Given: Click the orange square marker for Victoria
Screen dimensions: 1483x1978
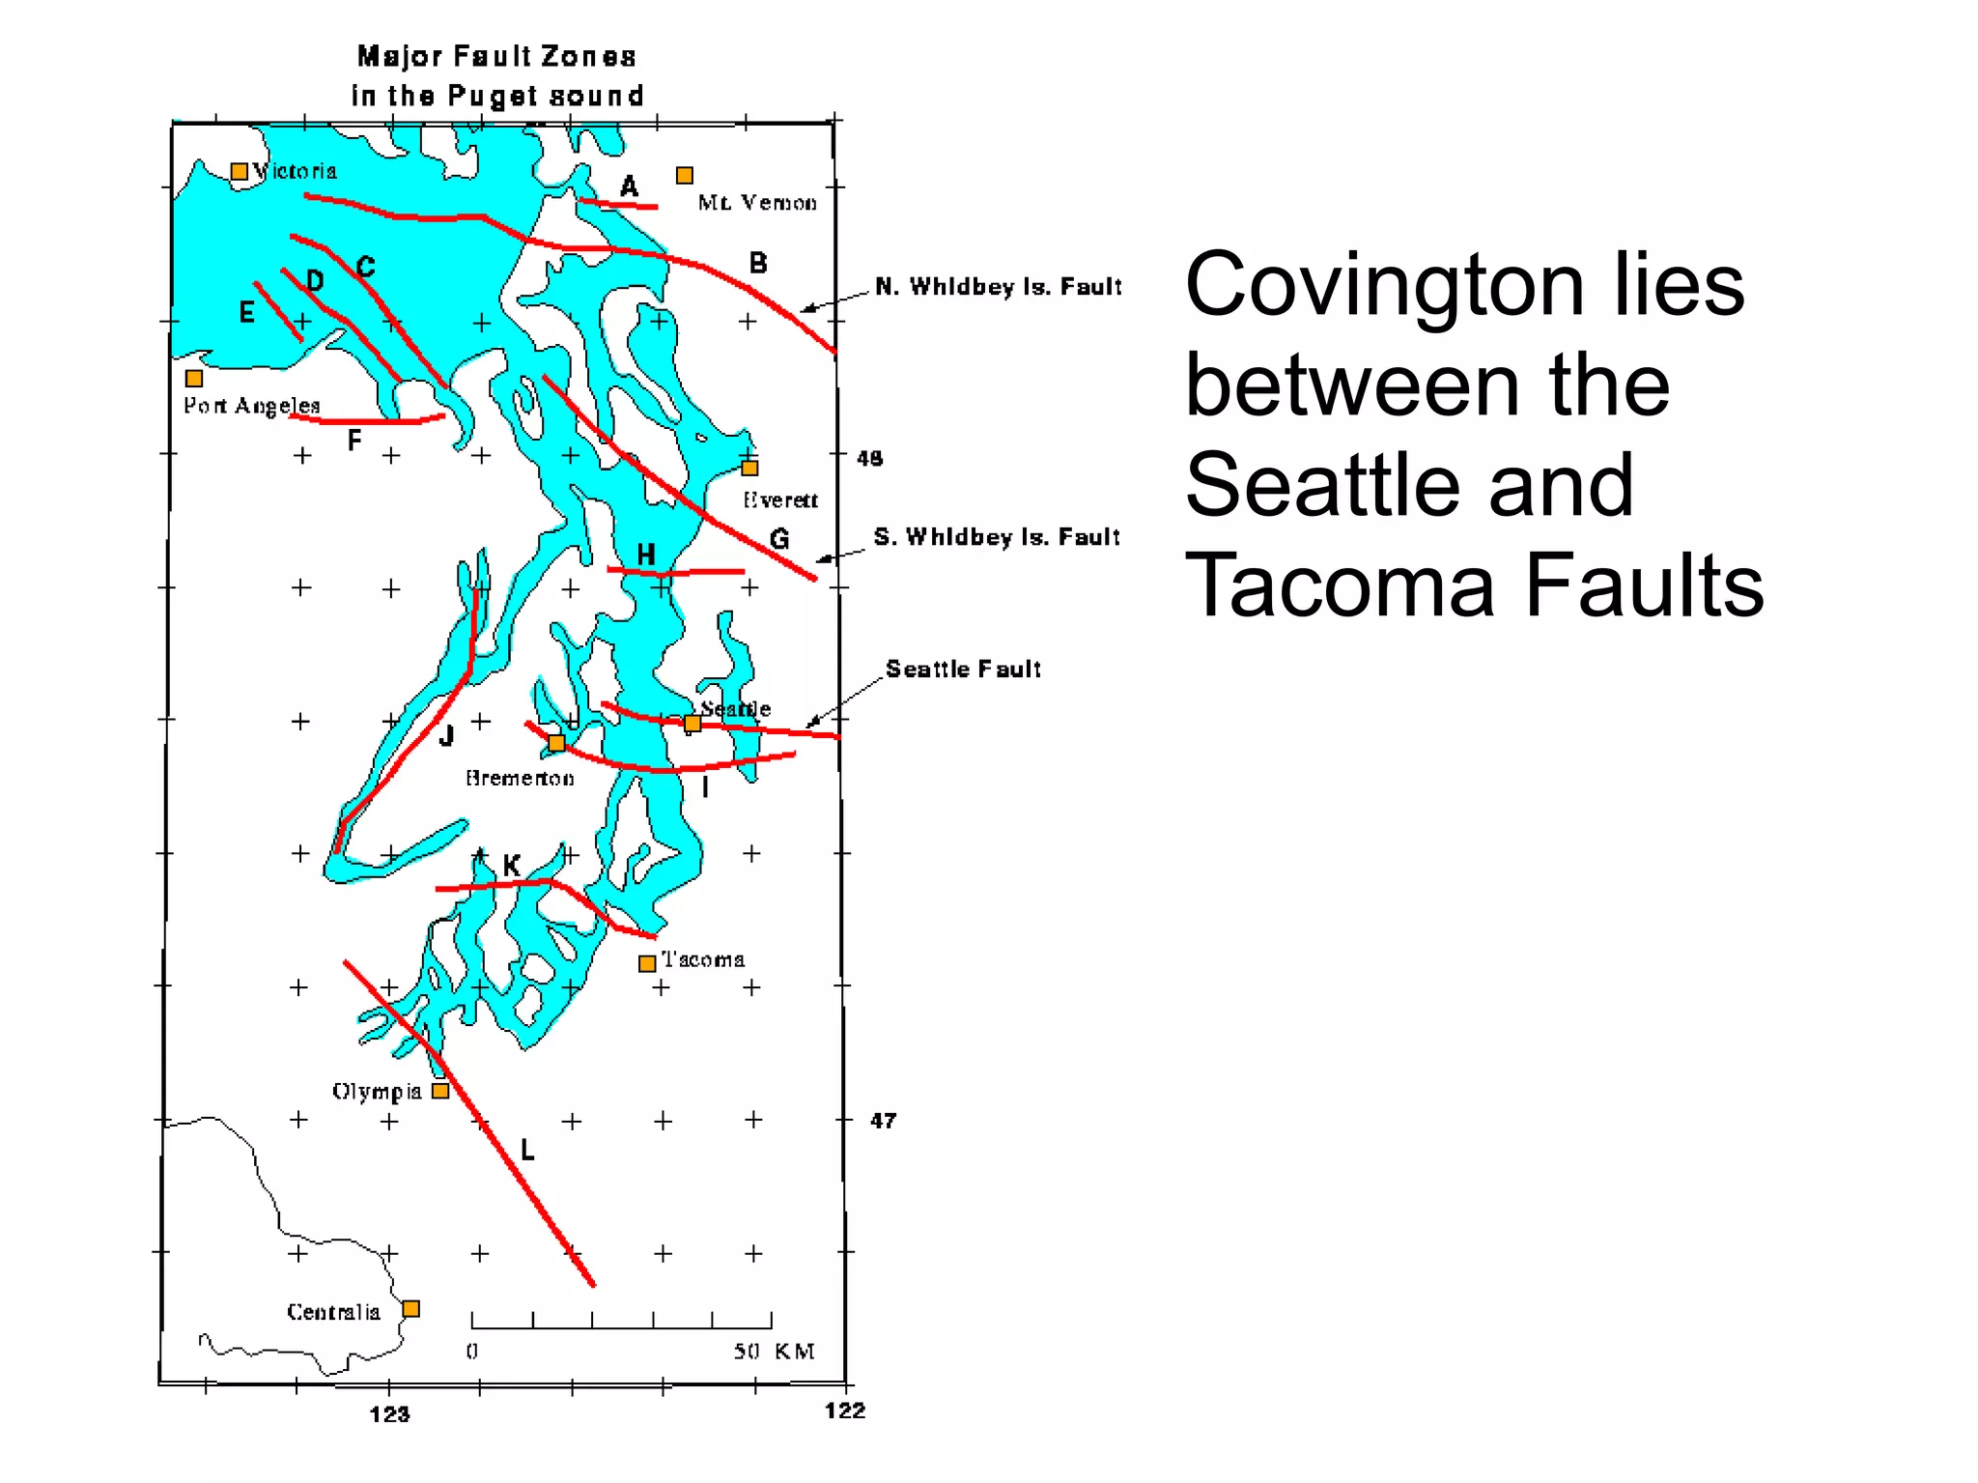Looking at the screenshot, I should tap(239, 172).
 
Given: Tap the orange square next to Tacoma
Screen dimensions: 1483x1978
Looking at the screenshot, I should tap(647, 963).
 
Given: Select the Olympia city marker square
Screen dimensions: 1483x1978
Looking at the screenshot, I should tap(440, 1091).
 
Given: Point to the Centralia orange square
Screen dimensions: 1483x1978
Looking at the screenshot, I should tap(410, 1309).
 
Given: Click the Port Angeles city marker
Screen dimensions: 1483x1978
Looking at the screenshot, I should tap(194, 379).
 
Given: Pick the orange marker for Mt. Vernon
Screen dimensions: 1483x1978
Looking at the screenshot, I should tap(685, 175).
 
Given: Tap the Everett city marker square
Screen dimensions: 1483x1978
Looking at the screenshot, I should tap(749, 469).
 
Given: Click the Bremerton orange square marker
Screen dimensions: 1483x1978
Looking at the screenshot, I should tap(556, 743).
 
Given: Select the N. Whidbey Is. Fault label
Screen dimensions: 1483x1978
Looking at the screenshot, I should tap(998, 287).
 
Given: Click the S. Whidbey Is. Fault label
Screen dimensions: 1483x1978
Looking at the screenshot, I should tap(997, 537).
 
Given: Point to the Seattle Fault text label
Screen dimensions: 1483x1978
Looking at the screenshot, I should tap(963, 669).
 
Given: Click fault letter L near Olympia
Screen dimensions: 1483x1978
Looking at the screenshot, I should tap(527, 1150).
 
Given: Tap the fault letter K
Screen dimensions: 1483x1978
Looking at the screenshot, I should tap(512, 865).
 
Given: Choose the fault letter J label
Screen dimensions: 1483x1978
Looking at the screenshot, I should tap(446, 736).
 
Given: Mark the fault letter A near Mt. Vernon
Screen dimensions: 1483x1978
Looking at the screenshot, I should tap(629, 186).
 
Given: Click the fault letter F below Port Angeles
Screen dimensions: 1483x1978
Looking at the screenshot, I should tap(354, 441).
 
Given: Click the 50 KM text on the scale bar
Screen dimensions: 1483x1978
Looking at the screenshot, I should tap(774, 1351).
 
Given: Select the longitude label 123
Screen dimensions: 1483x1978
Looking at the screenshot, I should tap(389, 1414).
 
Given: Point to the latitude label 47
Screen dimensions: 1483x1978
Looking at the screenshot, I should tap(883, 1121).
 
